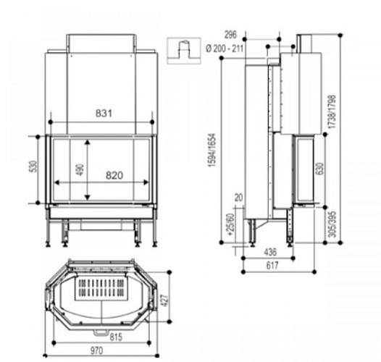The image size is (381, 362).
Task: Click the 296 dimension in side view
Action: point(231,34)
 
